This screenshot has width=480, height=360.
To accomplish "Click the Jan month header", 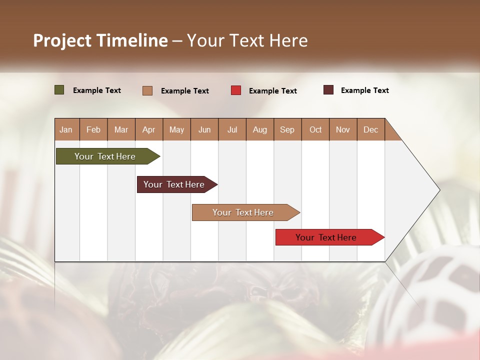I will (x=66, y=129).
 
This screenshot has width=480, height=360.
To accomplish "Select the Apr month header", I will (x=148, y=129).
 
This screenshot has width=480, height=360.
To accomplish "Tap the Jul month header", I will (x=232, y=129).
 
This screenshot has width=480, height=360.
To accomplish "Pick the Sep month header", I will (x=287, y=129).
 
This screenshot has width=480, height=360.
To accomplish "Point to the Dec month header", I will (x=370, y=129).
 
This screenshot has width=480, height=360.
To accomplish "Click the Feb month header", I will (x=93, y=129).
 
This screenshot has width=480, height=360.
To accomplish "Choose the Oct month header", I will (x=315, y=129).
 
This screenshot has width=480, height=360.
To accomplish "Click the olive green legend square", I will (x=59, y=90).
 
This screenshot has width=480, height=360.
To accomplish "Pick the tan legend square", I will (x=147, y=90).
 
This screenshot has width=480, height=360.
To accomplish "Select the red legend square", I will (x=236, y=90).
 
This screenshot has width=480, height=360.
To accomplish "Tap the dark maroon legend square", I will (x=328, y=90).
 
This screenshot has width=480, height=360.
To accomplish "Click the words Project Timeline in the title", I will (x=100, y=40).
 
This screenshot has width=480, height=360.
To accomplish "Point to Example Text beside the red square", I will (x=272, y=90).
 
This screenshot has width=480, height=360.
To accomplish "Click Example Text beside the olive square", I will (x=97, y=90).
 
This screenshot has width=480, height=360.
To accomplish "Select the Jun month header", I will (x=204, y=129).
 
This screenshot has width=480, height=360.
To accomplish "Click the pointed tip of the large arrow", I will (x=438, y=190).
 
